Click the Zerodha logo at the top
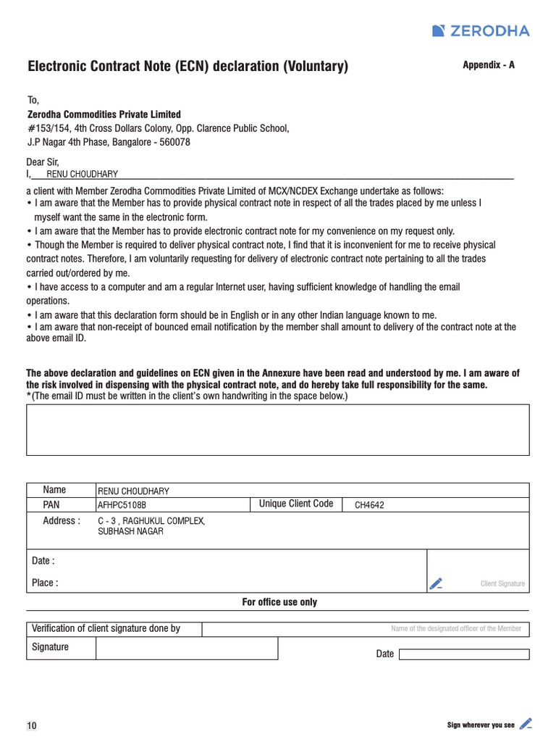pos(481,30)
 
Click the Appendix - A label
pos(489,64)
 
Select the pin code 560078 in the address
pos(174,142)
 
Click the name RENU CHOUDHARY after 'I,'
pos(82,174)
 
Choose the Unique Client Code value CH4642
pos(369,505)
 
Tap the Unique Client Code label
pos(296,504)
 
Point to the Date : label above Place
pos(43,561)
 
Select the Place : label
pos(45,583)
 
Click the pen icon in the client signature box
pos(436,583)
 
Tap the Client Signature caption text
pos(502,584)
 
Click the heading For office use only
pos(279,602)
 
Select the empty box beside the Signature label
pos(186,648)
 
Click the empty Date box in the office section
pos(464,654)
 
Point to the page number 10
pos(32,726)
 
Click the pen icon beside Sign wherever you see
pos(526,723)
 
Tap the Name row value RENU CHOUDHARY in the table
pos(133,491)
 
